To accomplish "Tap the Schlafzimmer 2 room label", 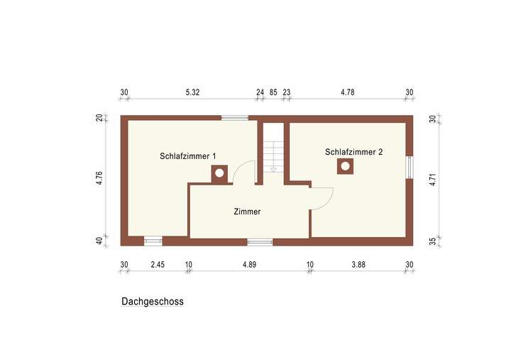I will [354, 151].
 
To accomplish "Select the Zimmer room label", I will [247, 212].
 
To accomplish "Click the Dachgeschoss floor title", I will [153, 301].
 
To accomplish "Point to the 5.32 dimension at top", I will [192, 92].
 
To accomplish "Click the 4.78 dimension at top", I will [347, 92].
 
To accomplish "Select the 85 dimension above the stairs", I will [273, 92].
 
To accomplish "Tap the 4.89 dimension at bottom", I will [249, 265].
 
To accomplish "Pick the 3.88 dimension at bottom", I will [358, 265].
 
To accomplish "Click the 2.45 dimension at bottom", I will [157, 265].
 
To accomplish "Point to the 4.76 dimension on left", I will [100, 178].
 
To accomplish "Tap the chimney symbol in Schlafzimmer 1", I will [219, 173].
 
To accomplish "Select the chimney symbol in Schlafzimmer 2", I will [346, 166].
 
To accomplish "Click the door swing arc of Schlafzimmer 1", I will [246, 172].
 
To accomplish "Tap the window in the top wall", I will [235, 118].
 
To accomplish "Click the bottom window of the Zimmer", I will [260, 242].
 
